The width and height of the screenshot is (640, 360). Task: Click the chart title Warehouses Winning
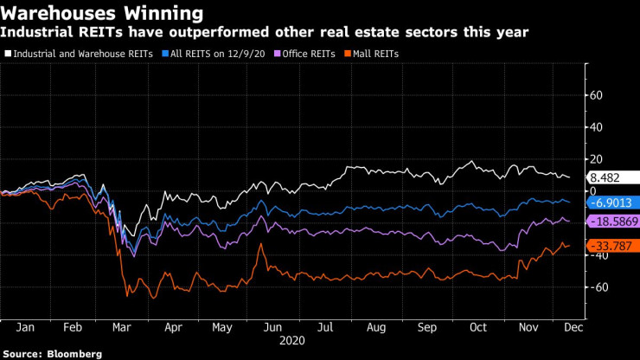pos(103,13)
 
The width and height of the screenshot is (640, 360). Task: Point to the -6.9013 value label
pos(613,202)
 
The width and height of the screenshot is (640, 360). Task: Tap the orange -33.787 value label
pos(613,247)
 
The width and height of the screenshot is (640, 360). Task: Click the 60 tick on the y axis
pos(596,95)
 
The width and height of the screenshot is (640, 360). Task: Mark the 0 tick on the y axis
pos(593,191)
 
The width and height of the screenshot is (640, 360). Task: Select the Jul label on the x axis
pos(326,329)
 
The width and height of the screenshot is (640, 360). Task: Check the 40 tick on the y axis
pos(596,127)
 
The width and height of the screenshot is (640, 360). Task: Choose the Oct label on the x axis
pos(476,329)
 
